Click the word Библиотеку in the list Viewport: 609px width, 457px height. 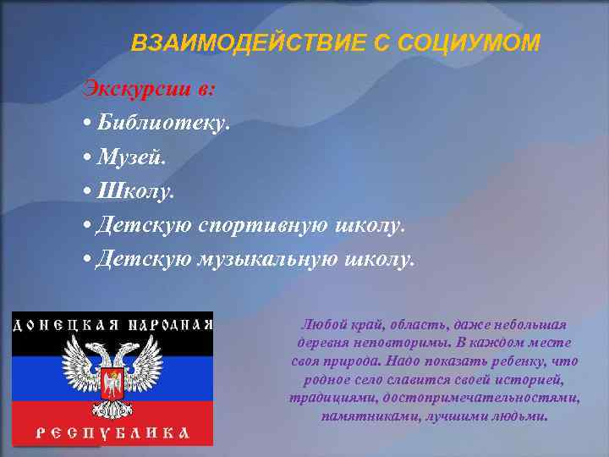click(162, 123)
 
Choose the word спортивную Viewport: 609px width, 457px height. click(255, 225)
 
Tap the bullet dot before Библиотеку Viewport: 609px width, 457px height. click(88, 124)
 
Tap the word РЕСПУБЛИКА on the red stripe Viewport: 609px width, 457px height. click(111, 433)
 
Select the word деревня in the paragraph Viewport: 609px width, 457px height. click(321, 343)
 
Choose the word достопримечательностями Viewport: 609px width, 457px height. click(481, 398)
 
